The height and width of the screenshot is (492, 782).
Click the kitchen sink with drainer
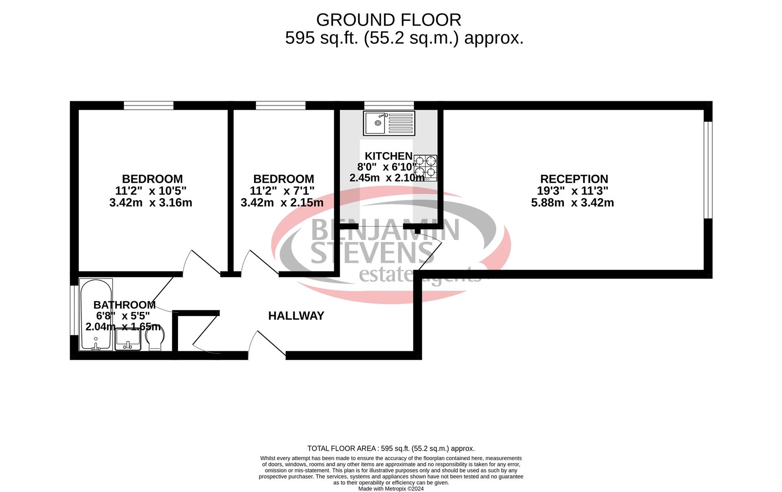click(389, 123)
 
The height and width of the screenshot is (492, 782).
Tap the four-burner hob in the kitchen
click(425, 168)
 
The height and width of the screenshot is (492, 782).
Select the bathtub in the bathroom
click(96, 314)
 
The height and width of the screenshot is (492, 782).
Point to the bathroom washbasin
click(128, 339)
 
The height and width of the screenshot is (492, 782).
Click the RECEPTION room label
click(574, 179)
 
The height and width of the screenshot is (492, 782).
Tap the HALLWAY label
click(296, 316)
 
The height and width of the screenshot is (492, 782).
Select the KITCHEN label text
click(388, 156)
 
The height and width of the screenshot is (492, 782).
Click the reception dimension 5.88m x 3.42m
click(572, 203)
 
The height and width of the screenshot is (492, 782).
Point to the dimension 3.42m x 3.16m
click(151, 203)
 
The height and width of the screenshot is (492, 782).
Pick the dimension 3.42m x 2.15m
click(282, 203)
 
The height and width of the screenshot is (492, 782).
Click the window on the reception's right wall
click(708, 170)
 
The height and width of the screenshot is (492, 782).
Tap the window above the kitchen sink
click(389, 105)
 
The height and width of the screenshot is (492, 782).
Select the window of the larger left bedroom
click(148, 105)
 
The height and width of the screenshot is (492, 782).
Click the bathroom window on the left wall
click(74, 311)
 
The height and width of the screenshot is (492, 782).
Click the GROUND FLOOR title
click(388, 20)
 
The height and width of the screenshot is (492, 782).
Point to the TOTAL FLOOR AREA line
click(391, 449)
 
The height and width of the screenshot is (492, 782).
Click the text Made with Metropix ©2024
click(391, 489)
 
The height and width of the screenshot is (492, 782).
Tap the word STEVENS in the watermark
click(373, 253)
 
